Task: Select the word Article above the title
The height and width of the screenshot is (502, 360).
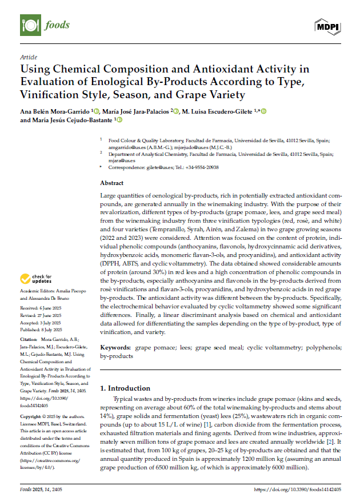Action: [x=28, y=57]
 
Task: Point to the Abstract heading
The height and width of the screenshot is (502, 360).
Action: [x=111, y=183]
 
